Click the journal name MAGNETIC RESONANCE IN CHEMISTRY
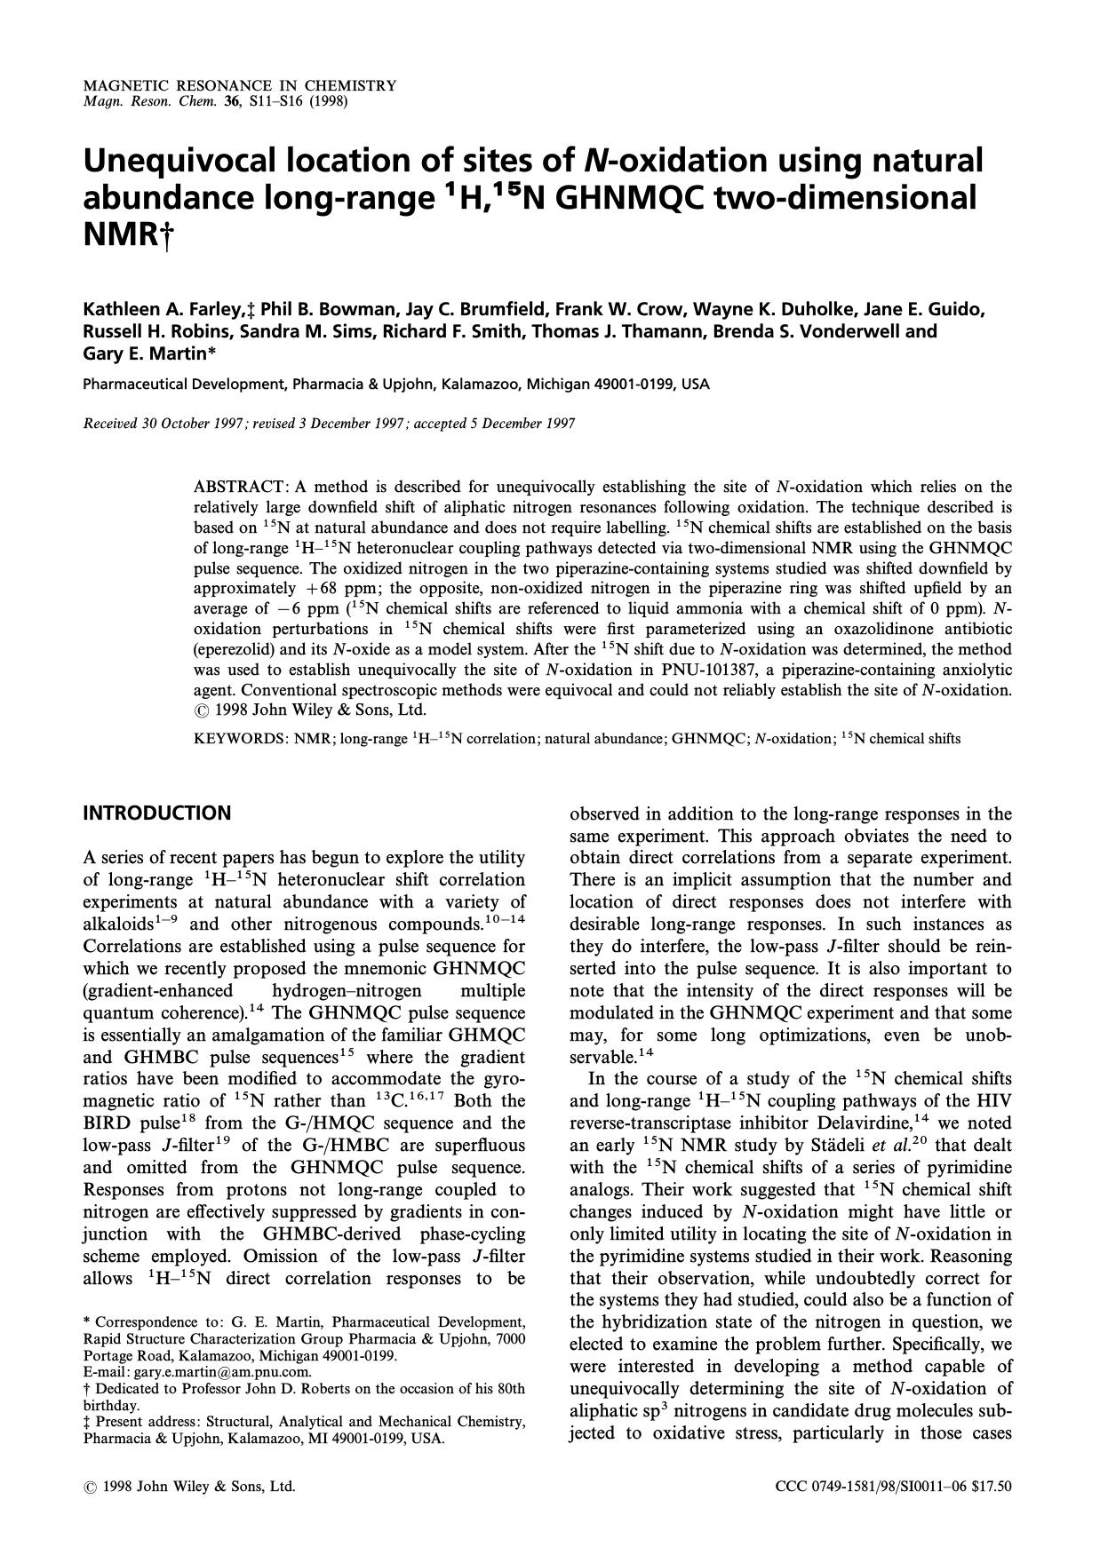tap(239, 86)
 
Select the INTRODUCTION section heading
tap(156, 813)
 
